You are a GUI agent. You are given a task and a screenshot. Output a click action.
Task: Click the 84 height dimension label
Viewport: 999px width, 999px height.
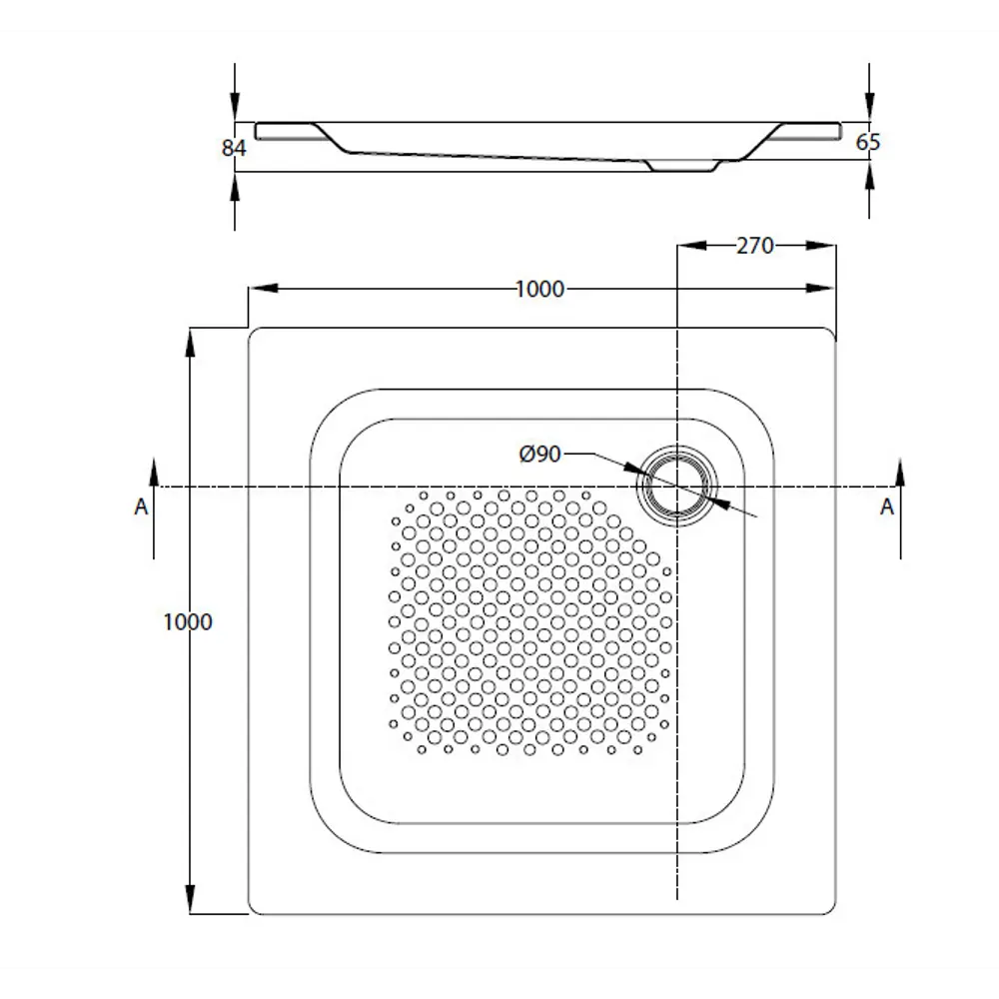click(x=233, y=148)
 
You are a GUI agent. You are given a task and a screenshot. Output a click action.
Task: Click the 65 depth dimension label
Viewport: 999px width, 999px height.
click(x=868, y=142)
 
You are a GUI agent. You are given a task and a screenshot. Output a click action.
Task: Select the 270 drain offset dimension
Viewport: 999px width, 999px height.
click(x=754, y=245)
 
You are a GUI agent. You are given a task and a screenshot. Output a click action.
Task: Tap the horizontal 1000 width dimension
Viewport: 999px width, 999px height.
click(x=539, y=289)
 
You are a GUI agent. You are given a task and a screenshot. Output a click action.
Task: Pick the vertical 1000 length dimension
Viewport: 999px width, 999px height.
click(x=188, y=621)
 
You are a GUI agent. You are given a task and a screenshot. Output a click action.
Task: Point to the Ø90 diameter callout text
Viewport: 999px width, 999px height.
click(x=540, y=455)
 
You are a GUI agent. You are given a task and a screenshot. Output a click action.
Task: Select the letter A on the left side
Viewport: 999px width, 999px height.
click(x=141, y=506)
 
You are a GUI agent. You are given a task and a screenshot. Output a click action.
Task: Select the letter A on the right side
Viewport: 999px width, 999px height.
click(x=886, y=506)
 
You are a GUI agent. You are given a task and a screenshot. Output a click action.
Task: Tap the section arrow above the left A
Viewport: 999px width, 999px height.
click(x=154, y=472)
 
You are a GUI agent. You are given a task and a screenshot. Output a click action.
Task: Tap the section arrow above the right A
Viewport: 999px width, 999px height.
click(x=900, y=472)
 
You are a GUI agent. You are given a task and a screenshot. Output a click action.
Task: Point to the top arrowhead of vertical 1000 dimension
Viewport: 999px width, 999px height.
click(x=189, y=340)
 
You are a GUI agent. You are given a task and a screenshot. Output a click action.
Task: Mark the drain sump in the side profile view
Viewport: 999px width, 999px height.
click(x=682, y=165)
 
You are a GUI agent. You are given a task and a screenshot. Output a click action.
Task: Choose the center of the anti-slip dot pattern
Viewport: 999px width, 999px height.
click(x=529, y=619)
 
